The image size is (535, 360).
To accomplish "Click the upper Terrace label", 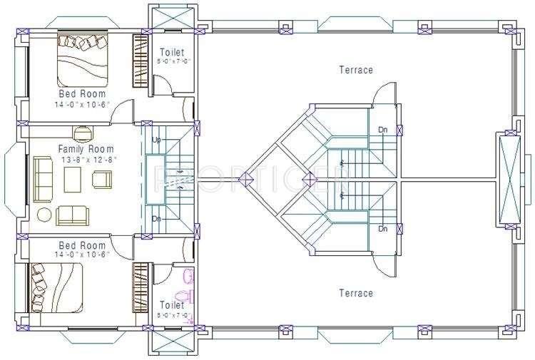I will (x=355, y=70).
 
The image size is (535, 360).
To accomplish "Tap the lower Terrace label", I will (x=355, y=293).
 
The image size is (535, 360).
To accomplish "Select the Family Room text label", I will (x=81, y=150).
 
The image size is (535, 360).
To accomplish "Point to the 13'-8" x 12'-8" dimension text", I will (x=81, y=160).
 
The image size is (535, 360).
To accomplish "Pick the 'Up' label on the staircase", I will (x=156, y=140).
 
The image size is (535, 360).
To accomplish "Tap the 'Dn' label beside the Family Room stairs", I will (x=156, y=219).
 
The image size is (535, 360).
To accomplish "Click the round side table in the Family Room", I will (x=44, y=215).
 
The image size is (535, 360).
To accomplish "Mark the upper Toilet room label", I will (x=172, y=53).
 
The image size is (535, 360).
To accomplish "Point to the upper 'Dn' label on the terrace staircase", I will (x=383, y=129).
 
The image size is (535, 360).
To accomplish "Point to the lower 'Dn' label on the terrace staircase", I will (x=383, y=229).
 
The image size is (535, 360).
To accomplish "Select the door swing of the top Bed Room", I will (x=124, y=110).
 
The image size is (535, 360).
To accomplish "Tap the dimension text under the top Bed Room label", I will (x=81, y=105).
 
